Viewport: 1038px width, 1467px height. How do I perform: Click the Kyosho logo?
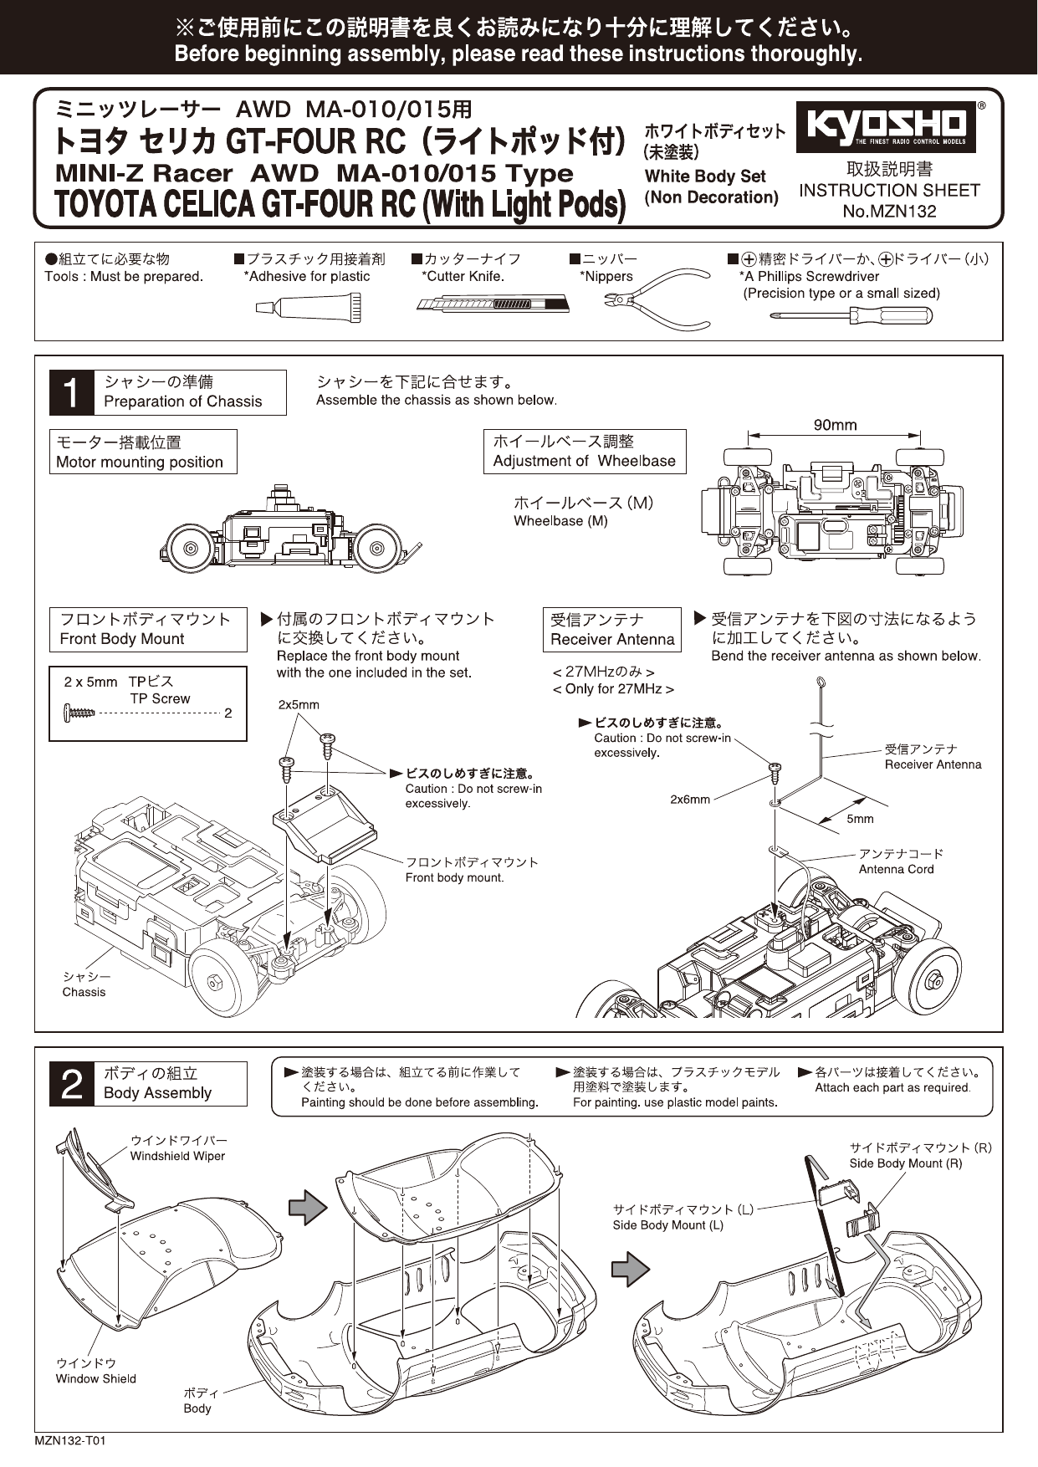point(886,127)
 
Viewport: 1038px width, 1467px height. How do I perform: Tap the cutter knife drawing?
point(493,304)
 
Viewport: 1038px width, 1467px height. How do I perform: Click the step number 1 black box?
point(71,392)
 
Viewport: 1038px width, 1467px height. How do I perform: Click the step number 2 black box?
point(71,1084)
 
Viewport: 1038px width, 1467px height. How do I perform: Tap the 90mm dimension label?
point(835,425)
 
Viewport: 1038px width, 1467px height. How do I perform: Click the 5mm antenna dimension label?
point(860,819)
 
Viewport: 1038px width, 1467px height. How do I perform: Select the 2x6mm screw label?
point(689,799)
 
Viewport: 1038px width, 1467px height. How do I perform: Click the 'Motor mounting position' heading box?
point(143,452)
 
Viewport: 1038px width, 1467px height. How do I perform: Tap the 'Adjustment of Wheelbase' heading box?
point(584,452)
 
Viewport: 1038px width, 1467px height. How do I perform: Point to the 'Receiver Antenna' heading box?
point(611,630)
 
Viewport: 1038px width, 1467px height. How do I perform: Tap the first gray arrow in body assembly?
point(307,1207)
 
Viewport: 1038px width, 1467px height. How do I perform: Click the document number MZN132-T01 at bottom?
point(70,1440)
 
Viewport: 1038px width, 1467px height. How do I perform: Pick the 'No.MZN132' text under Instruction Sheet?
point(889,211)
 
